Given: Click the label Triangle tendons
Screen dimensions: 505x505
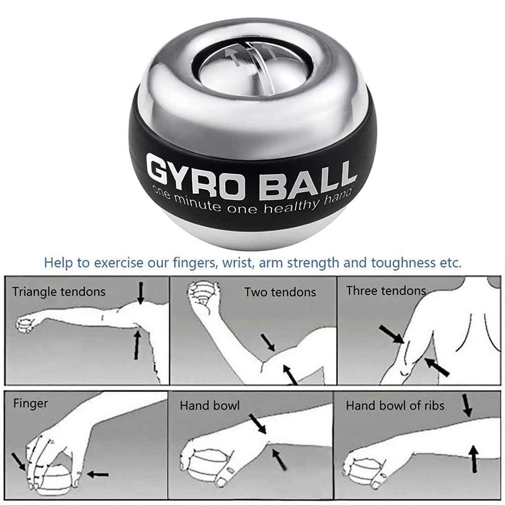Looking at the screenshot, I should pos(59,292).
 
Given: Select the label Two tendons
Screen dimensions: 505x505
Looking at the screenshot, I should pos(280,292).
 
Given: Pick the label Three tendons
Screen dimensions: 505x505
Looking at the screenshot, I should pos(386,291).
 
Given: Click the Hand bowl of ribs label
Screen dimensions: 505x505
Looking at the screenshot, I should pos(395,405).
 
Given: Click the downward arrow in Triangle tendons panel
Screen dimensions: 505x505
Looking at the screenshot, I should pos(141,293).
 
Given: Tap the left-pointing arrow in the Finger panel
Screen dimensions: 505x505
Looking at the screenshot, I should pos(97,474).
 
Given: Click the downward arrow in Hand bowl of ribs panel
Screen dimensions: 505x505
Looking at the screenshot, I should pos(468,405).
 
